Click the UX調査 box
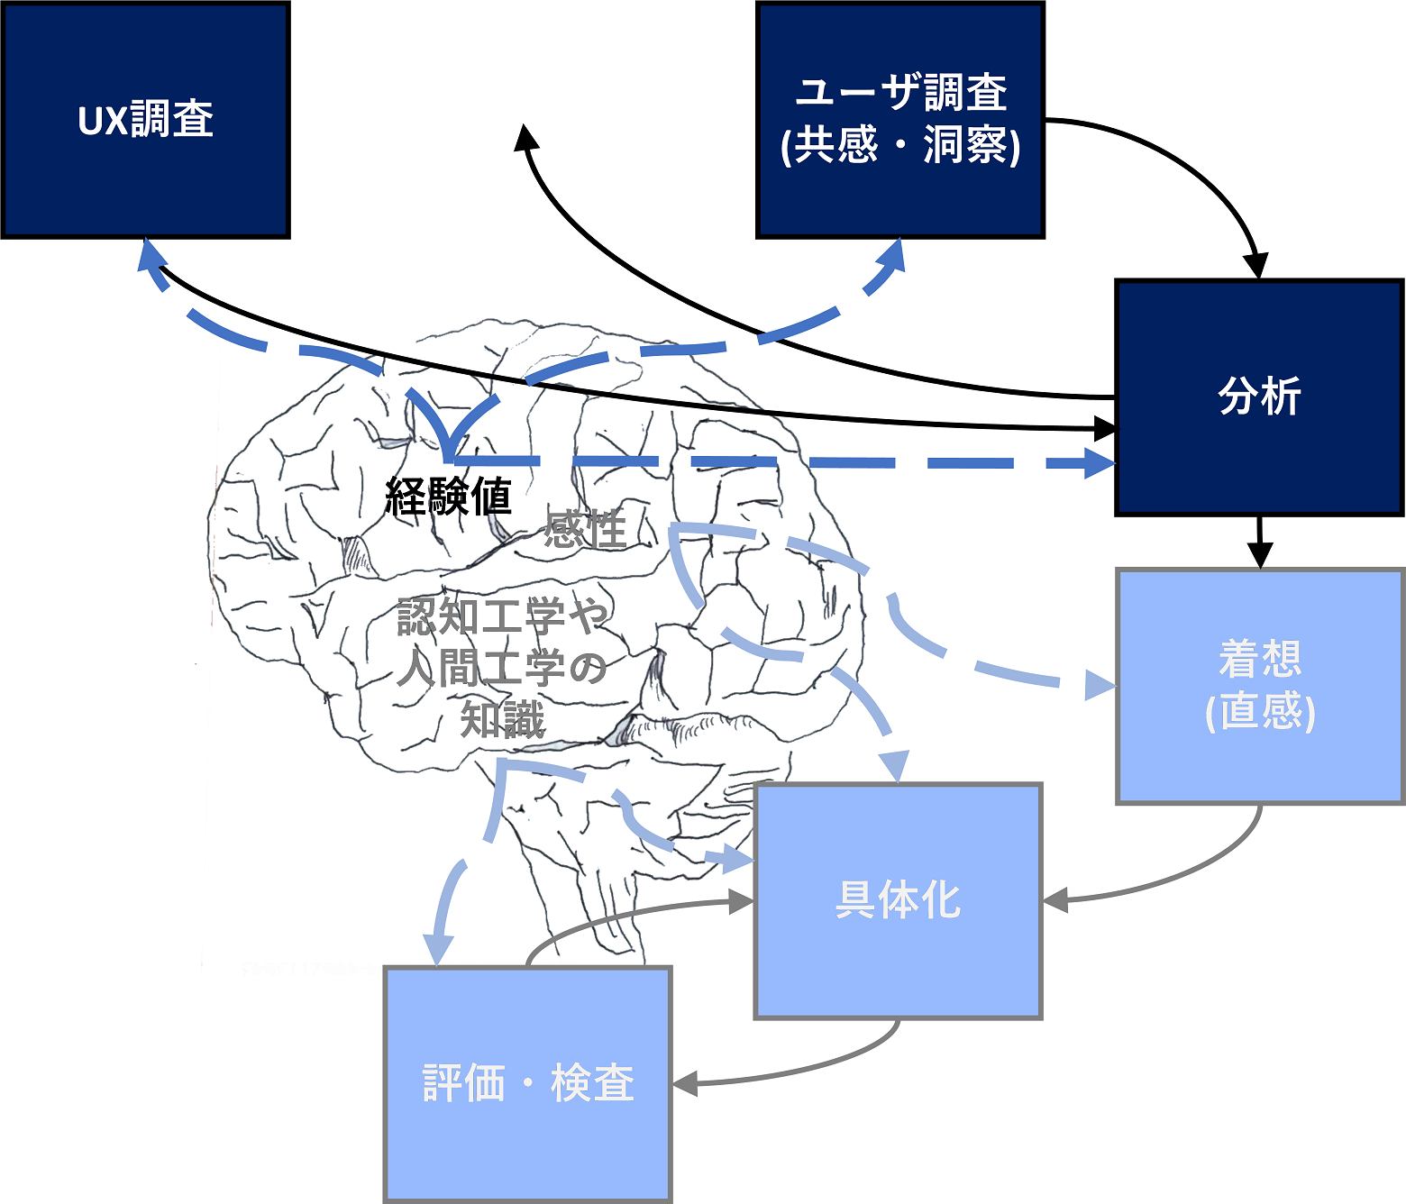tap(146, 120)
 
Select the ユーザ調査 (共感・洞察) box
tap(899, 120)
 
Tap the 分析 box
tap(1260, 397)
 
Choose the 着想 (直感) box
tap(1260, 687)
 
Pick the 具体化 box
tap(898, 900)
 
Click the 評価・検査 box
tap(528, 1084)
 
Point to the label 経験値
tap(448, 496)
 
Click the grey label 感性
tap(585, 528)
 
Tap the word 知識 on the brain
tap(503, 719)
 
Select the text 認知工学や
tap(503, 616)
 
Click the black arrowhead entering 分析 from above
tap(1256, 265)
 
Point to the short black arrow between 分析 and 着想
tap(1260, 543)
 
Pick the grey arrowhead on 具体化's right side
tap(1055, 900)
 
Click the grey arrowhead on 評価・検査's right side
tap(685, 1083)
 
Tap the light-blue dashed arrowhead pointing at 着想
tap(1100, 685)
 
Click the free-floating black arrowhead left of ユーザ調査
tap(525, 137)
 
